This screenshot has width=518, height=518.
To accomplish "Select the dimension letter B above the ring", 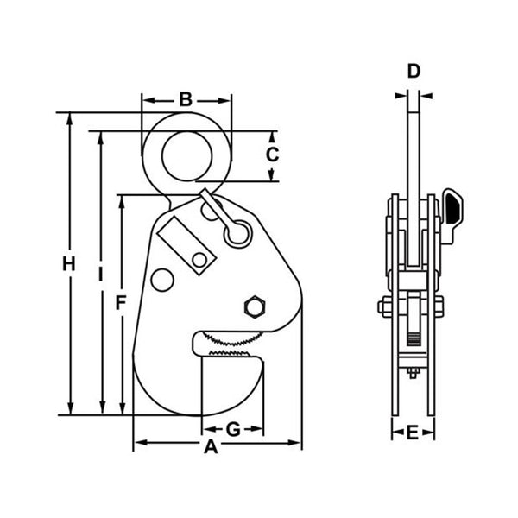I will click(186, 99).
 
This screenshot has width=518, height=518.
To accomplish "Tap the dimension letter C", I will click(271, 155).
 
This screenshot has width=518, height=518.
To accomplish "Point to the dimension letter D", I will click(414, 71).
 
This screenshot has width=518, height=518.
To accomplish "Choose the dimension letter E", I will click(413, 432).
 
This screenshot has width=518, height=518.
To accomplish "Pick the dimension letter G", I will click(232, 429).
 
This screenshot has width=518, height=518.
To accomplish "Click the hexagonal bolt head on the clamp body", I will click(256, 307).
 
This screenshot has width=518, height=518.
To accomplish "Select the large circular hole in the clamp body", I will click(161, 279).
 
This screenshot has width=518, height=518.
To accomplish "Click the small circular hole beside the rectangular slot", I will click(199, 260).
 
